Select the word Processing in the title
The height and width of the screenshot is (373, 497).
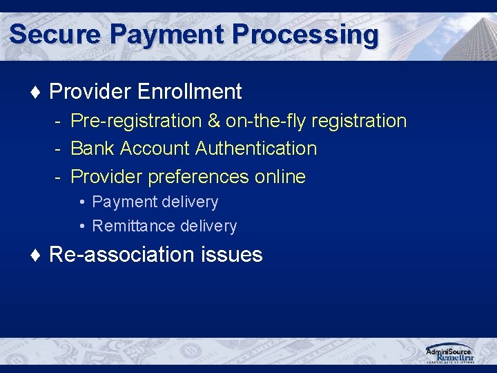(306, 34)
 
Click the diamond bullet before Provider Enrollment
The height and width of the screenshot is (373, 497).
(36, 92)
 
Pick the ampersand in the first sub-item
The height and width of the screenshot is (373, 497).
(214, 121)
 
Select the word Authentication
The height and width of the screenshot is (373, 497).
(256, 149)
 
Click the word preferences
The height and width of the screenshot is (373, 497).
(190, 177)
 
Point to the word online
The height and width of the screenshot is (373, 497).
(280, 177)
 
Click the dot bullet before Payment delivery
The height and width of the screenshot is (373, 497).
(82, 202)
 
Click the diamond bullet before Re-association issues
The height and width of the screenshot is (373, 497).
(36, 255)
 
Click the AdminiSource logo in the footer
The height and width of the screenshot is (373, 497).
(449, 353)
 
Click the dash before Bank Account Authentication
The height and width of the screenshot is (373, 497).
(59, 149)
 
